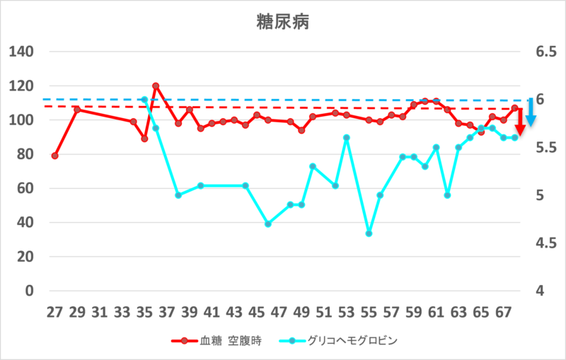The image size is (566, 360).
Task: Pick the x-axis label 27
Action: [54, 311]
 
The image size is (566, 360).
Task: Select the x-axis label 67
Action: [503, 311]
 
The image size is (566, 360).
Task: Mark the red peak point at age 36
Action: [156, 86]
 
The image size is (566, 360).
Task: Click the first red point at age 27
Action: [54, 156]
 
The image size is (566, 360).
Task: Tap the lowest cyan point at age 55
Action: [369, 233]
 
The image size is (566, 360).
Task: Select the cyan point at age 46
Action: [268, 223]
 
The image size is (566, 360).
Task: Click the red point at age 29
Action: [77, 110]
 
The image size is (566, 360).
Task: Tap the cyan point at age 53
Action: [347, 138]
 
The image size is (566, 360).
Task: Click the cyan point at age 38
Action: [178, 195]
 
